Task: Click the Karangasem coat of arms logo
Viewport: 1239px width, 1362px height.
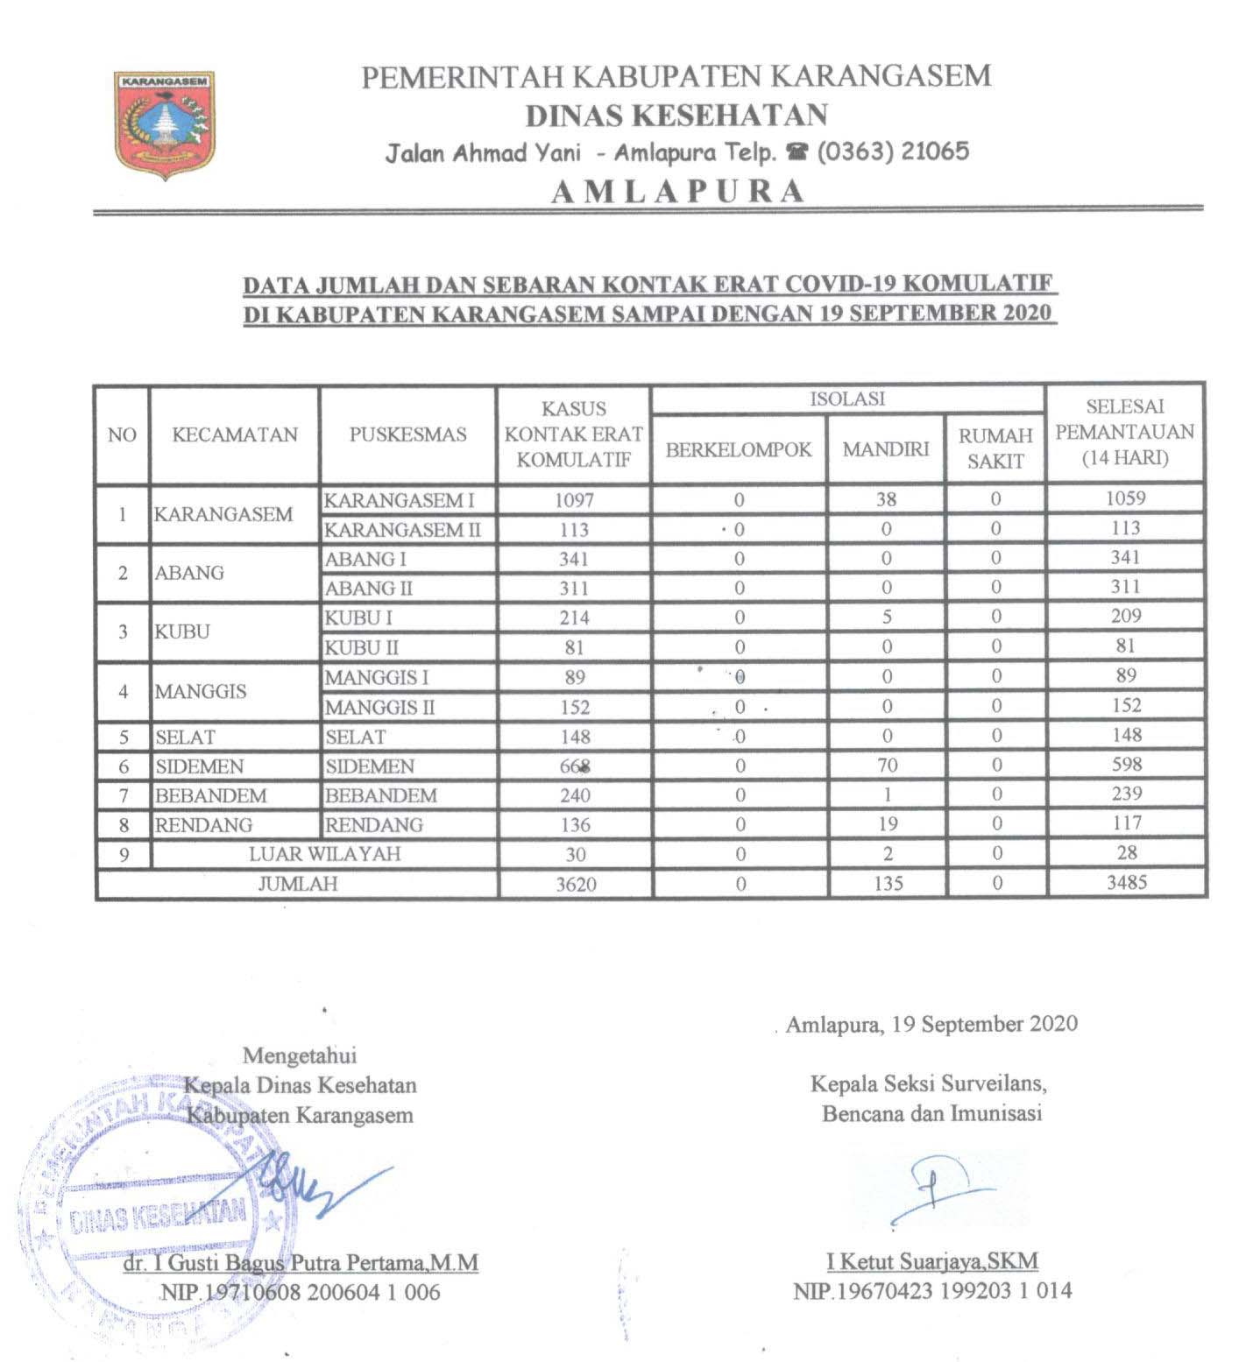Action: tap(165, 125)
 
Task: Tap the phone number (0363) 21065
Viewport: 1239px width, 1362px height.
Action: tap(893, 152)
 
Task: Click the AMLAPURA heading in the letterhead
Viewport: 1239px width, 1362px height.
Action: tap(677, 191)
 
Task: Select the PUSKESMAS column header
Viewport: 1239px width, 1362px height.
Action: tap(407, 434)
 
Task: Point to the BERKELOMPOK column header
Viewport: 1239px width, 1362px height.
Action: tap(739, 449)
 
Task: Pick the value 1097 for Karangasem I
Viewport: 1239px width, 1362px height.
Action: tap(574, 500)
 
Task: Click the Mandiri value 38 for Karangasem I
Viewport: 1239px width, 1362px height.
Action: tap(886, 499)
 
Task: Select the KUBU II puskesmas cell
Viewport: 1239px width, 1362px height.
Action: tap(362, 647)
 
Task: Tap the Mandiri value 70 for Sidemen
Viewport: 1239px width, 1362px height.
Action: tap(887, 766)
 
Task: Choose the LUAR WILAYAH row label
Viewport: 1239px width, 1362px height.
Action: tap(324, 854)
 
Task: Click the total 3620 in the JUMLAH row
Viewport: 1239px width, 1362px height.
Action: tap(576, 884)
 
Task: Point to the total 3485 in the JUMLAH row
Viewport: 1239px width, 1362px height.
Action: tap(1126, 882)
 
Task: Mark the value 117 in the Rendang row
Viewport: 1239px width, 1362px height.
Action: tap(1126, 823)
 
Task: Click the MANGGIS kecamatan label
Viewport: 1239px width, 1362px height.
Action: tap(201, 691)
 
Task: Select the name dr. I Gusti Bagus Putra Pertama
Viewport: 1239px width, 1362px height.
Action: tap(301, 1262)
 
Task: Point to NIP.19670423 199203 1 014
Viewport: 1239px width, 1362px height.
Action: tap(932, 1290)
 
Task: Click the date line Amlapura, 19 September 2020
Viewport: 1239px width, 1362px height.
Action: tap(931, 1024)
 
